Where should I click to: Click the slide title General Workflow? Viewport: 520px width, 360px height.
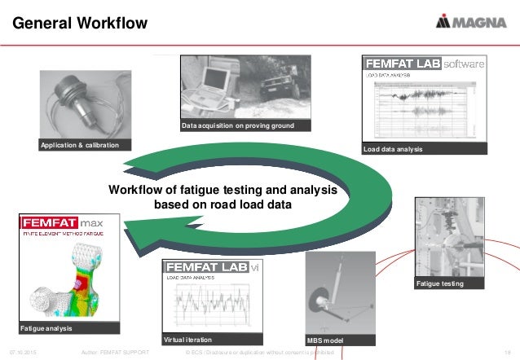79,24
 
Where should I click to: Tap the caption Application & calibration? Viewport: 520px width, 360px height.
79,145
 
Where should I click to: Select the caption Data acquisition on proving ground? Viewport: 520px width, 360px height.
236,126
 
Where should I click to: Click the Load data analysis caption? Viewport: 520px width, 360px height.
394,148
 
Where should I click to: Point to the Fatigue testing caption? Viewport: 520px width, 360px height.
440,284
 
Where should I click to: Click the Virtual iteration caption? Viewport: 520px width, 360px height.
188,339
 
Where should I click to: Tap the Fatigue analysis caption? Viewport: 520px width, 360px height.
46,328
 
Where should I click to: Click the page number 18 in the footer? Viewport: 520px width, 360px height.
506,353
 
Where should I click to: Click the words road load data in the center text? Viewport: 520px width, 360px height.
253,205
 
